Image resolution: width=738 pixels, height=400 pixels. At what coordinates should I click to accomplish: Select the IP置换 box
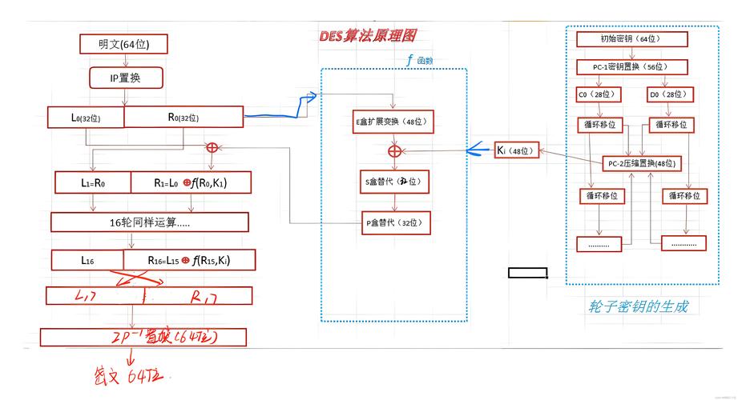pos(126,78)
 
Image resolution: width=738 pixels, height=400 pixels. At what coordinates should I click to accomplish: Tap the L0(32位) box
pos(86,117)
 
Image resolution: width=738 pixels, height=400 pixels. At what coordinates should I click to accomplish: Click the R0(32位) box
pos(183,117)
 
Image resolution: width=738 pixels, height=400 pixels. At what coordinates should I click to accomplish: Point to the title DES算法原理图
pos(367,35)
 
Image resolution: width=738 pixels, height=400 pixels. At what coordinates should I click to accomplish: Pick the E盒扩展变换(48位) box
pos(393,122)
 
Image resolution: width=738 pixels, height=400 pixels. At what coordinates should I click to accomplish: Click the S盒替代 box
pos(393,182)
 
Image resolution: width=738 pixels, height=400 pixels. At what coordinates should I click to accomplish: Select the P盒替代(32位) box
pos(393,223)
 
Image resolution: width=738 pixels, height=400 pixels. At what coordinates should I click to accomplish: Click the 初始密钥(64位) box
pos(631,38)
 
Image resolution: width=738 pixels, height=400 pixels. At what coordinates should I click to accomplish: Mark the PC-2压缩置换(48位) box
pos(642,163)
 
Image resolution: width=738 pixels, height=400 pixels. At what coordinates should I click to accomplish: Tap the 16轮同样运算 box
pos(149,222)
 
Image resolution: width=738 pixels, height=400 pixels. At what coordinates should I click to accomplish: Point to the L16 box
pos(87,260)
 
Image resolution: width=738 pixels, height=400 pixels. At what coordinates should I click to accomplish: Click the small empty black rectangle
pos(528,273)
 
